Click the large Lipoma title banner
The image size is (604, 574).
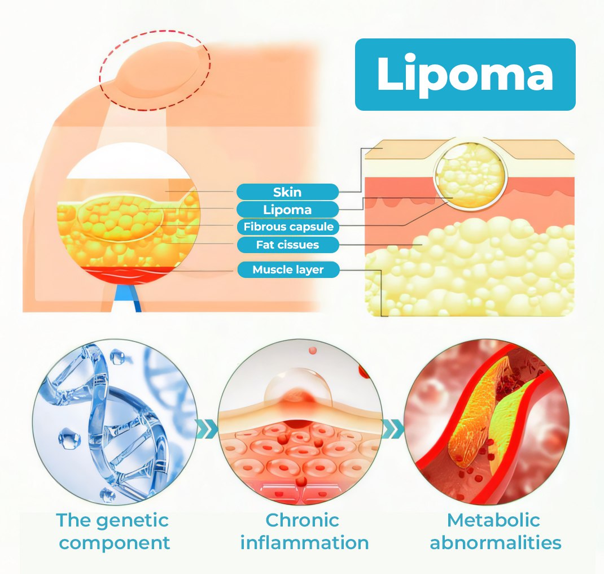(x=465, y=75)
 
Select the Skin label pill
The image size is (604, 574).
(x=287, y=192)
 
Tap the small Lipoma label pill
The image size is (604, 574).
(x=287, y=210)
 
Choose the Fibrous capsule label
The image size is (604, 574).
(x=288, y=227)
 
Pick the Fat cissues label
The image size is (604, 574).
(x=288, y=245)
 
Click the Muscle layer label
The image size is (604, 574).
(x=288, y=269)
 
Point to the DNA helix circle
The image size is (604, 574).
(x=115, y=422)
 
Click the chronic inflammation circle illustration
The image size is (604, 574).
(x=300, y=422)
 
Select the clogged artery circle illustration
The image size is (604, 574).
(x=487, y=422)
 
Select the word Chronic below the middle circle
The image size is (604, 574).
(x=303, y=520)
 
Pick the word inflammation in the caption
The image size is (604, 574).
(x=304, y=542)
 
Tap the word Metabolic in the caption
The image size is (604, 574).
(x=493, y=520)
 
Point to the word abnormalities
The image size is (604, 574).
(x=496, y=542)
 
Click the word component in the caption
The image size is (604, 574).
(x=115, y=543)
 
